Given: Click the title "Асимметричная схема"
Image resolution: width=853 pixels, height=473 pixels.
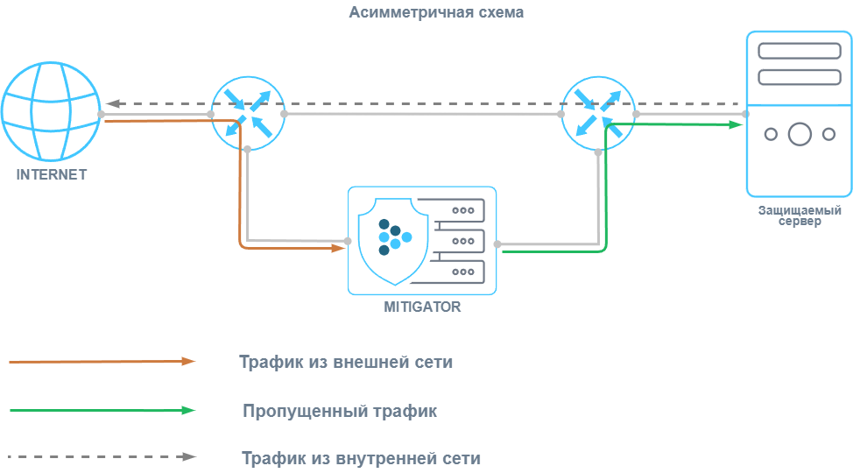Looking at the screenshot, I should (436, 13).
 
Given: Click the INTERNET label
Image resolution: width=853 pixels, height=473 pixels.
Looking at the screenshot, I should (52, 174).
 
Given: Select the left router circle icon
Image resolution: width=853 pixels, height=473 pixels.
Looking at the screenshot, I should (248, 114).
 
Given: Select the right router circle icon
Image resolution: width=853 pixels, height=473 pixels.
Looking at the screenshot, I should (599, 114).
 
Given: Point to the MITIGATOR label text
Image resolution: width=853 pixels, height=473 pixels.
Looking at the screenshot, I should (422, 307).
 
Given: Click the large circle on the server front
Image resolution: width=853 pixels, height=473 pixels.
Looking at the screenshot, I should (800, 134).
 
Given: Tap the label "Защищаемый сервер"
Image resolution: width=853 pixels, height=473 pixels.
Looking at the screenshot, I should (799, 215).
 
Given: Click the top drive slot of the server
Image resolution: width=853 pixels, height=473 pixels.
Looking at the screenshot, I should (799, 51).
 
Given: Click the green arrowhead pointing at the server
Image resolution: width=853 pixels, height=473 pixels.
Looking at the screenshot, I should (737, 124).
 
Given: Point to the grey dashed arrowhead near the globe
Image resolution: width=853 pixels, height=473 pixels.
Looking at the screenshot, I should (113, 103).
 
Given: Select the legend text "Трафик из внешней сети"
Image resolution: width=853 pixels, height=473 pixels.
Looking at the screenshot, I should (346, 362).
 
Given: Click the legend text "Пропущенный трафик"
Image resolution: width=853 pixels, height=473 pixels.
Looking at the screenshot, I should (340, 411).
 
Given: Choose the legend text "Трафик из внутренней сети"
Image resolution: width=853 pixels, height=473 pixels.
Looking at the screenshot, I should (361, 458).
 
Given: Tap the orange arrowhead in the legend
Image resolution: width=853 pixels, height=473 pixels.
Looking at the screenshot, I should (188, 361).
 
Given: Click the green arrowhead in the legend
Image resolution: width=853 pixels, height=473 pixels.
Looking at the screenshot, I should (188, 410).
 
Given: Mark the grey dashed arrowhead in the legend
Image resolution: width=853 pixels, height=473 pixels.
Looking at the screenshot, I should (188, 456).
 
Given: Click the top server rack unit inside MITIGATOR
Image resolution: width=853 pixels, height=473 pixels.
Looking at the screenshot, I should (455, 210).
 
